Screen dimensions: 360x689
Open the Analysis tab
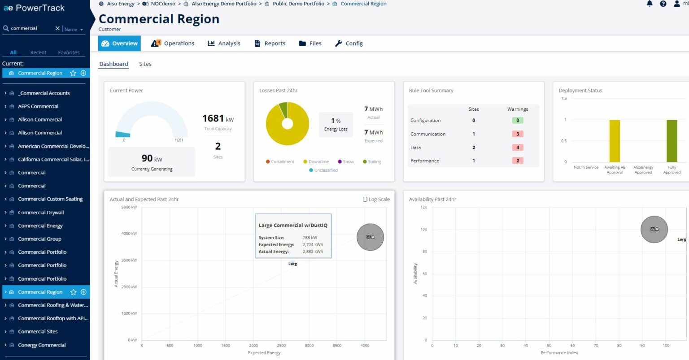click(x=224, y=43)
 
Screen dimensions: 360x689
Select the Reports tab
click(x=270, y=43)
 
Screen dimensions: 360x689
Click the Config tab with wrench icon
click(x=349, y=43)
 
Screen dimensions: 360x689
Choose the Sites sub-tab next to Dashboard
click(x=145, y=64)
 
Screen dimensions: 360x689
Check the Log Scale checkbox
click(x=365, y=200)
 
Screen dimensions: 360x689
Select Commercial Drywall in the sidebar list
click(x=41, y=213)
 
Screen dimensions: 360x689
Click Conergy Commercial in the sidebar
click(x=42, y=345)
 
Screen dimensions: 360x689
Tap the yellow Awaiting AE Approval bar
click(x=615, y=141)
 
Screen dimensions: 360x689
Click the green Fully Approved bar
click(x=672, y=141)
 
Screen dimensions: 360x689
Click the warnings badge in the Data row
click(x=517, y=147)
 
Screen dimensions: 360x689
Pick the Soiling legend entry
click(x=372, y=162)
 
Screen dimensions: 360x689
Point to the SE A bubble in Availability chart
click(x=654, y=230)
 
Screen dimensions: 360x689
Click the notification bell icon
click(x=650, y=4)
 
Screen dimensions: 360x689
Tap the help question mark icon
click(x=663, y=4)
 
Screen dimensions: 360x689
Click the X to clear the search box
click(x=57, y=28)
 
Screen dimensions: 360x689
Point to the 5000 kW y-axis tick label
click(x=129, y=207)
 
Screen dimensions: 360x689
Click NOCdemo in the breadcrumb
click(x=163, y=4)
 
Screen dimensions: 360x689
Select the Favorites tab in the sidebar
click(x=69, y=52)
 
